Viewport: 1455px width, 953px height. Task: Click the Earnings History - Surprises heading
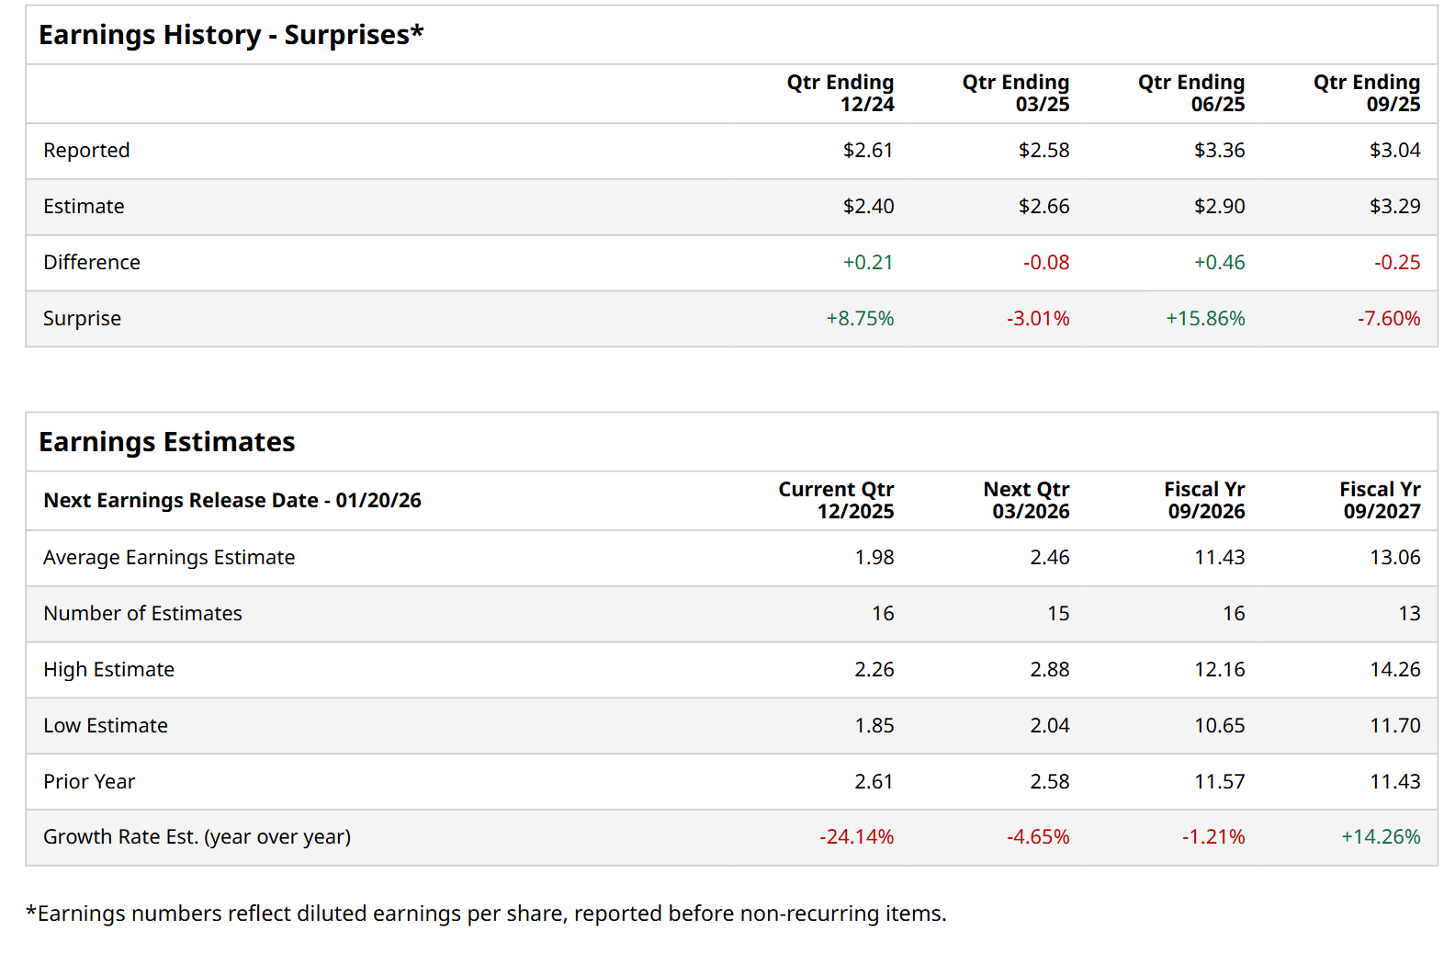pyautogui.click(x=231, y=35)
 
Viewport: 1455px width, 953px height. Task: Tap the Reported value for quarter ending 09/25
pyautogui.click(x=1394, y=151)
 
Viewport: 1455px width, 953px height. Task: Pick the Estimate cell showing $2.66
pyautogui.click(x=1043, y=207)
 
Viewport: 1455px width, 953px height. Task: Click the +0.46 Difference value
pyautogui.click(x=1219, y=263)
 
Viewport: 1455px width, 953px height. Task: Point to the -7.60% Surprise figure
pyautogui.click(x=1388, y=319)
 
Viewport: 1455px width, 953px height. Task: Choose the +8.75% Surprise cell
pyautogui.click(x=860, y=319)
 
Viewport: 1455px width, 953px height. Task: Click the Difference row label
pyautogui.click(x=92, y=263)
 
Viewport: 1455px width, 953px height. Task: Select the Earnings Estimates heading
pyautogui.click(x=166, y=442)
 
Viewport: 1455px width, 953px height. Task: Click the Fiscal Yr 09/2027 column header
pyautogui.click(x=1379, y=501)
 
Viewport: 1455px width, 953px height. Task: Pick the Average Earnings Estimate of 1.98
pyautogui.click(x=874, y=558)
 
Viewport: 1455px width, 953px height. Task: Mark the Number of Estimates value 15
pyautogui.click(x=1058, y=614)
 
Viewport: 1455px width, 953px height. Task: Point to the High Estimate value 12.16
pyautogui.click(x=1219, y=670)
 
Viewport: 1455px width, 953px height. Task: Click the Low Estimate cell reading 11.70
pyautogui.click(x=1394, y=726)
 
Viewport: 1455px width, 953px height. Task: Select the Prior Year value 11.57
pyautogui.click(x=1219, y=782)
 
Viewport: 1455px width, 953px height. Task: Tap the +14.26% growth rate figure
pyautogui.click(x=1380, y=837)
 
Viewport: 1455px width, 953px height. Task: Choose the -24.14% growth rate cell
pyautogui.click(x=856, y=837)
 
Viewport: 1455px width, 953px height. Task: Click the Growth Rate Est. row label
pyautogui.click(x=197, y=837)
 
